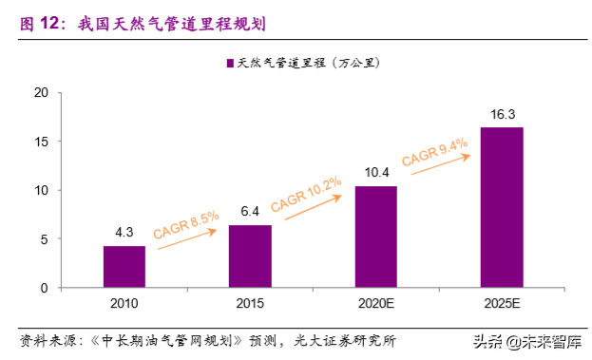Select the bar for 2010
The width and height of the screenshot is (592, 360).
click(124, 266)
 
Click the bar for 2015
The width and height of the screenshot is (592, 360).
click(250, 256)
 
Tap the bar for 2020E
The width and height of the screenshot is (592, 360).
click(376, 237)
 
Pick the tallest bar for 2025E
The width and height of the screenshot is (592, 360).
click(502, 207)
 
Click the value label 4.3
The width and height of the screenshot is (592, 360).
click(124, 233)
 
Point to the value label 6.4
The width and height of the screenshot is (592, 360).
click(250, 212)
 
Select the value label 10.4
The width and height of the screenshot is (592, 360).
click(376, 173)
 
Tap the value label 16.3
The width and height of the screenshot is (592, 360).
click(502, 114)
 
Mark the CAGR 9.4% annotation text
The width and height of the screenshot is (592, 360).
click(434, 151)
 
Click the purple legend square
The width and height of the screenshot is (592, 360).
click(230, 64)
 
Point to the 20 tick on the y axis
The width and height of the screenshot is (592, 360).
click(41, 93)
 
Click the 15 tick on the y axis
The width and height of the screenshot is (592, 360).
click(41, 142)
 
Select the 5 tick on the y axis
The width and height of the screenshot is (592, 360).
click(45, 238)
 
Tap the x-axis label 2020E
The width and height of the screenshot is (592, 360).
click(376, 303)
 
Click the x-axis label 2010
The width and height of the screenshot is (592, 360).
click(124, 303)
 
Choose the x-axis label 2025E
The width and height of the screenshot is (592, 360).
click(502, 303)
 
